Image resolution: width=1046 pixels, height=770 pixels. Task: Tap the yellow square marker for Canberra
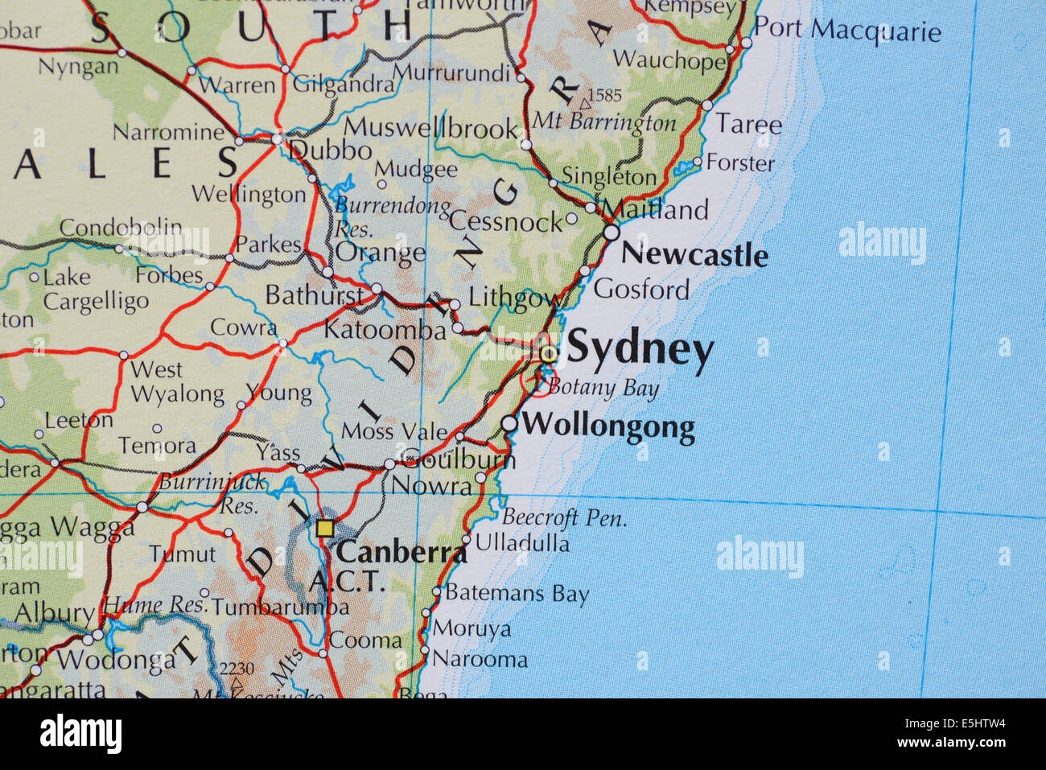(x=324, y=529)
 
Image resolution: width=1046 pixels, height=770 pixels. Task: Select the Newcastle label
(x=694, y=255)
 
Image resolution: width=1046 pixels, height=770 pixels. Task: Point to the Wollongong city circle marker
(x=509, y=423)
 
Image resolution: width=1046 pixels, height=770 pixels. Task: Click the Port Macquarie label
(x=847, y=31)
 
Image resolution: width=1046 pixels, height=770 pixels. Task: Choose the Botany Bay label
(x=603, y=389)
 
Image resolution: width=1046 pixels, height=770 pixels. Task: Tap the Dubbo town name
(x=330, y=150)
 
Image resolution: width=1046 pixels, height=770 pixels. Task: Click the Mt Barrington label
(x=604, y=122)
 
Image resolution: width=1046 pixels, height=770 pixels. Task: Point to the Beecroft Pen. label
(x=564, y=517)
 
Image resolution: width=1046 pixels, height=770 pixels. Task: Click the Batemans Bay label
(x=517, y=595)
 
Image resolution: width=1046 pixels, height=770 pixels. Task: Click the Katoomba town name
(x=385, y=331)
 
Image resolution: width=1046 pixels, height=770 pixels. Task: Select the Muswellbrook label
(x=431, y=128)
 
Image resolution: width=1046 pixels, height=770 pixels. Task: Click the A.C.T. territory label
(x=346, y=581)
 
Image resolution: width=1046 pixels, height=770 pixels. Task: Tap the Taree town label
(x=748, y=125)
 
